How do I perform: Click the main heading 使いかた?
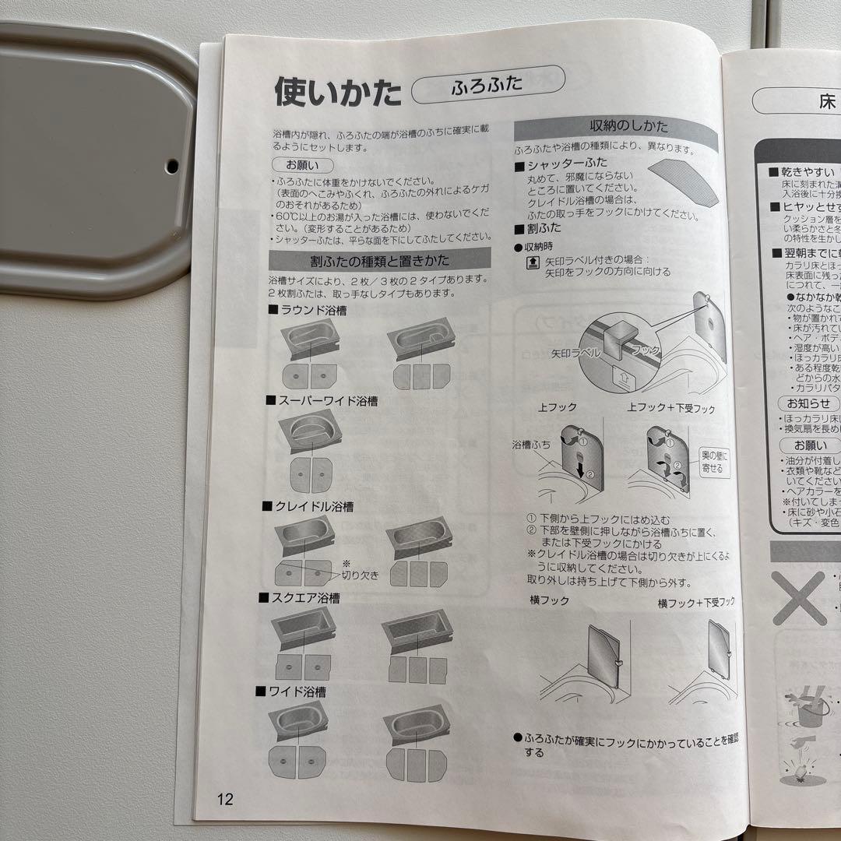[337, 92]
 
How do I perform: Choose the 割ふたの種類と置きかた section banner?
[380, 260]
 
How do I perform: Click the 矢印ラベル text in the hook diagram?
[575, 353]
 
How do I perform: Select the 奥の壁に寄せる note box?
[714, 462]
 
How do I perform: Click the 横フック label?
[549, 600]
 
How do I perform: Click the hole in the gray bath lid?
[171, 165]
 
